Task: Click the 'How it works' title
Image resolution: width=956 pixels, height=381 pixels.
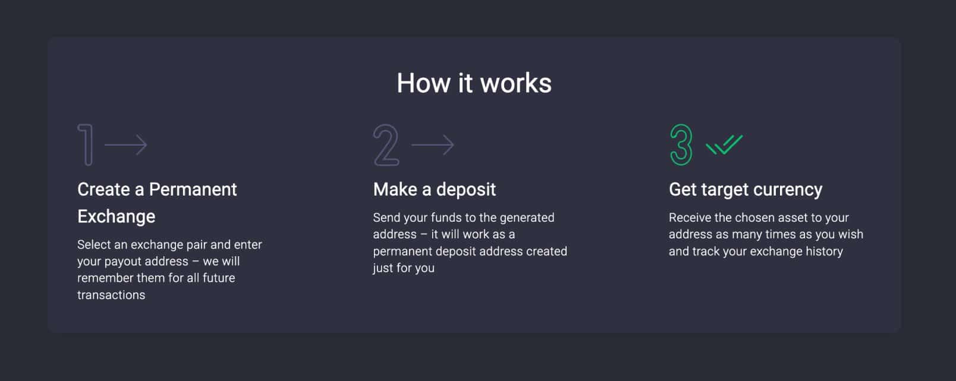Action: click(x=474, y=83)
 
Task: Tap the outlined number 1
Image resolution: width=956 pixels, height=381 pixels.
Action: click(x=87, y=144)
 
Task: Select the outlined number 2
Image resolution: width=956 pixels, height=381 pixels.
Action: click(x=386, y=145)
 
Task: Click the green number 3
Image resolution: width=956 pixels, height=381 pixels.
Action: click(x=681, y=144)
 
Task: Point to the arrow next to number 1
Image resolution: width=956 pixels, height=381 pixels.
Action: click(x=126, y=144)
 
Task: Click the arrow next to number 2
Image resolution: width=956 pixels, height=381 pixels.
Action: click(x=433, y=144)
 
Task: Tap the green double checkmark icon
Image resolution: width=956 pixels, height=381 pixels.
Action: click(x=724, y=144)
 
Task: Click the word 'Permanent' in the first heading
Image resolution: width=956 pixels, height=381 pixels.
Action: click(x=193, y=190)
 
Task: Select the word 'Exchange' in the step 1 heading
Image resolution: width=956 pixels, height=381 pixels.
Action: click(x=117, y=216)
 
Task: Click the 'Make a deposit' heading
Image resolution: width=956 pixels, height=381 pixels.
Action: click(x=435, y=190)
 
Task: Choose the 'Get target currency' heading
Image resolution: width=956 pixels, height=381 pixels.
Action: click(x=746, y=190)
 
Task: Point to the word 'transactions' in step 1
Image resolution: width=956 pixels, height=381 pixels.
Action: click(x=111, y=295)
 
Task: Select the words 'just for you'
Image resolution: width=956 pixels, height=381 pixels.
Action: click(x=404, y=268)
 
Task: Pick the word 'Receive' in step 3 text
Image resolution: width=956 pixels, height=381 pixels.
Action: click(x=690, y=218)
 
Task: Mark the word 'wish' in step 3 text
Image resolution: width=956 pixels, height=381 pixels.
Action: click(x=850, y=234)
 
